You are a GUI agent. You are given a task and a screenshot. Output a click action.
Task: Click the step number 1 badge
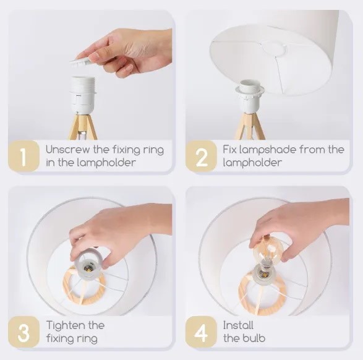coord(23,156)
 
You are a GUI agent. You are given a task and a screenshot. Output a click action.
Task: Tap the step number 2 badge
coord(201,156)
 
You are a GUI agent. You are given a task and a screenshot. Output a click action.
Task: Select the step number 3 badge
coord(23,332)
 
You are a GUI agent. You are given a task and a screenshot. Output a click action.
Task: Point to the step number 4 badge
coord(201,332)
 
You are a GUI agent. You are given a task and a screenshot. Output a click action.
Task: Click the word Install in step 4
coord(238,325)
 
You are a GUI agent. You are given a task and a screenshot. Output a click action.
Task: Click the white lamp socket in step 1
coord(82,95)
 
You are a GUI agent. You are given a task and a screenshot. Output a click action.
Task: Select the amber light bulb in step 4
coord(268,251)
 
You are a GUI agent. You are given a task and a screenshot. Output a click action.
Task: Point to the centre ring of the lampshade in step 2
coord(273,49)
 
